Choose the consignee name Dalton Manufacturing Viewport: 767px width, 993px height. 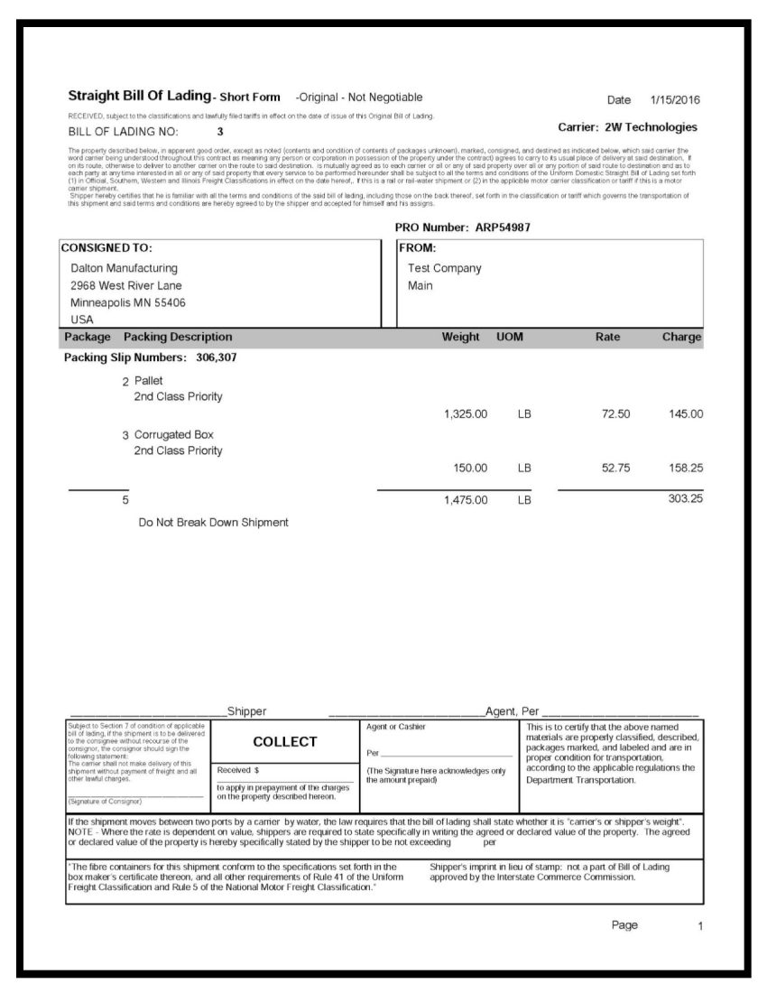click(x=124, y=268)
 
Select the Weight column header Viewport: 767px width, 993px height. click(x=460, y=338)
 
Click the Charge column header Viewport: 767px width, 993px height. click(x=681, y=338)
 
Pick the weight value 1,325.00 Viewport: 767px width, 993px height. click(x=466, y=414)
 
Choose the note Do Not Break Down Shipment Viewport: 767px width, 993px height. click(x=213, y=522)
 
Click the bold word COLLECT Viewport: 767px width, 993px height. click(x=285, y=742)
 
